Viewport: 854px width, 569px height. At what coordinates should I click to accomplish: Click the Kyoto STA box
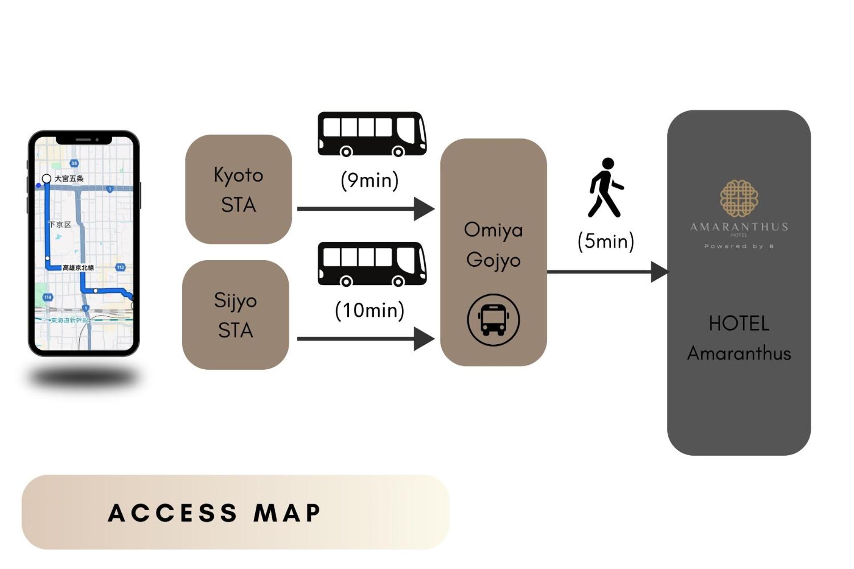(x=238, y=189)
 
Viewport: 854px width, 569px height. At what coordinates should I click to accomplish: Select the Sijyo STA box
(x=236, y=315)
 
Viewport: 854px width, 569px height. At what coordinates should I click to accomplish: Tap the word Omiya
(x=493, y=230)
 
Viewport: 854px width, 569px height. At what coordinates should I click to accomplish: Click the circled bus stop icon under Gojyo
(x=493, y=320)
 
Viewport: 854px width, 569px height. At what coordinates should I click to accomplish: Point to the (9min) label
(x=369, y=180)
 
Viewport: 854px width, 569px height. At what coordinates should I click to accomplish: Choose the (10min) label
(x=369, y=310)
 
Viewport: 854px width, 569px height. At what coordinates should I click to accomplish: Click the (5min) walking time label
(x=605, y=241)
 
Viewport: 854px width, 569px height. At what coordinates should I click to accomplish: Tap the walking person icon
(x=605, y=188)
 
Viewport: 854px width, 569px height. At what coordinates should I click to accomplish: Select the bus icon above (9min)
(x=372, y=134)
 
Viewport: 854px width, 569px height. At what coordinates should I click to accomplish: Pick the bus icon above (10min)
(x=372, y=264)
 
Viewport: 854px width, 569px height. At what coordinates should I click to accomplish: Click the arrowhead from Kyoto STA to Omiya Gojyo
(x=424, y=209)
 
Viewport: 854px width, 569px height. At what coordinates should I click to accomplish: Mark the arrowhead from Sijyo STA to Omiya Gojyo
(x=424, y=338)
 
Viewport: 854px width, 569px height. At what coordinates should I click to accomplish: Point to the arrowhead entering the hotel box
(x=659, y=272)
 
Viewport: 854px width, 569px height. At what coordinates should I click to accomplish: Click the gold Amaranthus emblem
(x=738, y=198)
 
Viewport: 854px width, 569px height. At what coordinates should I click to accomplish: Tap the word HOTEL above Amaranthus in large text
(x=738, y=323)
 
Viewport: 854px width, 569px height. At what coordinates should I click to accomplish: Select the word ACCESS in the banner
(x=173, y=513)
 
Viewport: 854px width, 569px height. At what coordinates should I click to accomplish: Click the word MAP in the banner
(x=287, y=513)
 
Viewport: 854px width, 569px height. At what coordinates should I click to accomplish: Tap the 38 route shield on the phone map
(x=74, y=163)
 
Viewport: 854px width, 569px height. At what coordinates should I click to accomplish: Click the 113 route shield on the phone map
(x=121, y=267)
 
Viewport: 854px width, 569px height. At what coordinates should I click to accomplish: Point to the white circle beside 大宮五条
(x=47, y=179)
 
